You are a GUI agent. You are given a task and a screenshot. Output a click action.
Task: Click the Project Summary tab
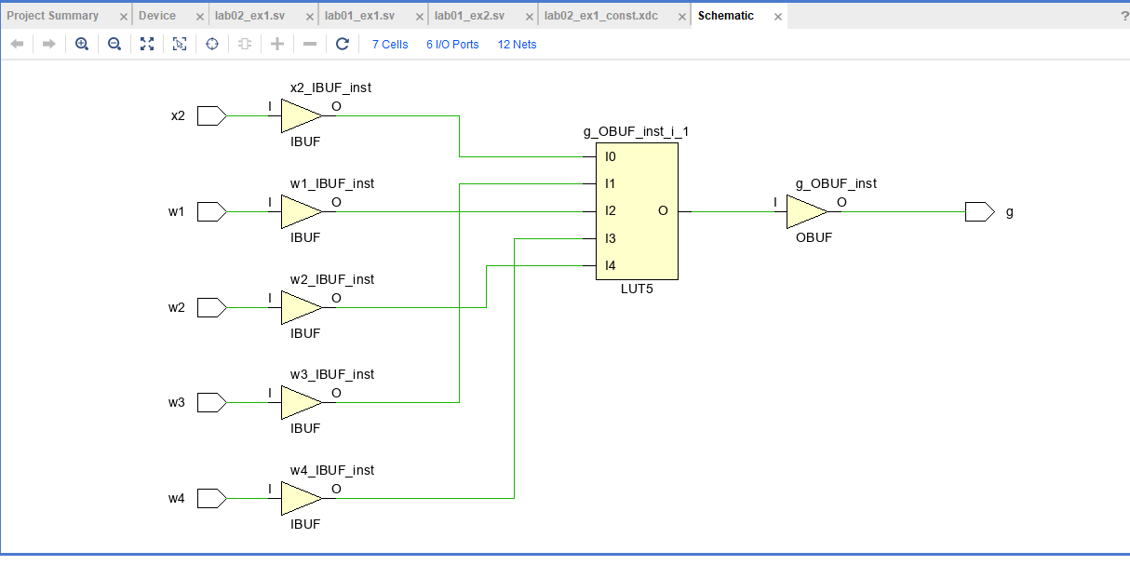point(53,16)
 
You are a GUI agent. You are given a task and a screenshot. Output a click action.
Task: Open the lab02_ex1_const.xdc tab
point(600,16)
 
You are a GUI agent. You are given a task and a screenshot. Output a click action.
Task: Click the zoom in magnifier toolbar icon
point(82,44)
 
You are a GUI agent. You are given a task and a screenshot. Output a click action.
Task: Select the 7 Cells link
point(390,44)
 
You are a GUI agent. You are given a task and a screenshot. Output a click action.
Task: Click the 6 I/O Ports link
point(452,44)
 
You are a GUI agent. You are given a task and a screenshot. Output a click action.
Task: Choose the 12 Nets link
point(517,44)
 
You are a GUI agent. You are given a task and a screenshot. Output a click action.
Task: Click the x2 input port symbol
point(212,116)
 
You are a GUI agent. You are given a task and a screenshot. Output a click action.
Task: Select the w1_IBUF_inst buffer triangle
point(300,211)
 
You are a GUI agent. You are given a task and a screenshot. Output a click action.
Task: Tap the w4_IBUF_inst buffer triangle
point(300,498)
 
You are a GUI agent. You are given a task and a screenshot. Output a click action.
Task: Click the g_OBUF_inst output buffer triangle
point(804,211)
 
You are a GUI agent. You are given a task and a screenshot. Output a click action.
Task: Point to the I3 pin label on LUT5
point(611,238)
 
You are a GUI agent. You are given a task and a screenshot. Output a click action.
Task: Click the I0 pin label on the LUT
point(611,156)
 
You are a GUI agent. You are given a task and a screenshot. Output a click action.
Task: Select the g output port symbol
point(979,211)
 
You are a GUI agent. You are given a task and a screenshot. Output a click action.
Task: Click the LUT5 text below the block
point(637,289)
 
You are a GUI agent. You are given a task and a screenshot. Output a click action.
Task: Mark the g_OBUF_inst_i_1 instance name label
point(636,132)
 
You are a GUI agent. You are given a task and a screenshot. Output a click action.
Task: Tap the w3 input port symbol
point(212,402)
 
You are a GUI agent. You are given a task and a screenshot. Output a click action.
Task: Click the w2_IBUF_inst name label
point(332,279)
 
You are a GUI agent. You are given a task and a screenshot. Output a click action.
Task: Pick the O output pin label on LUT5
point(663,211)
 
